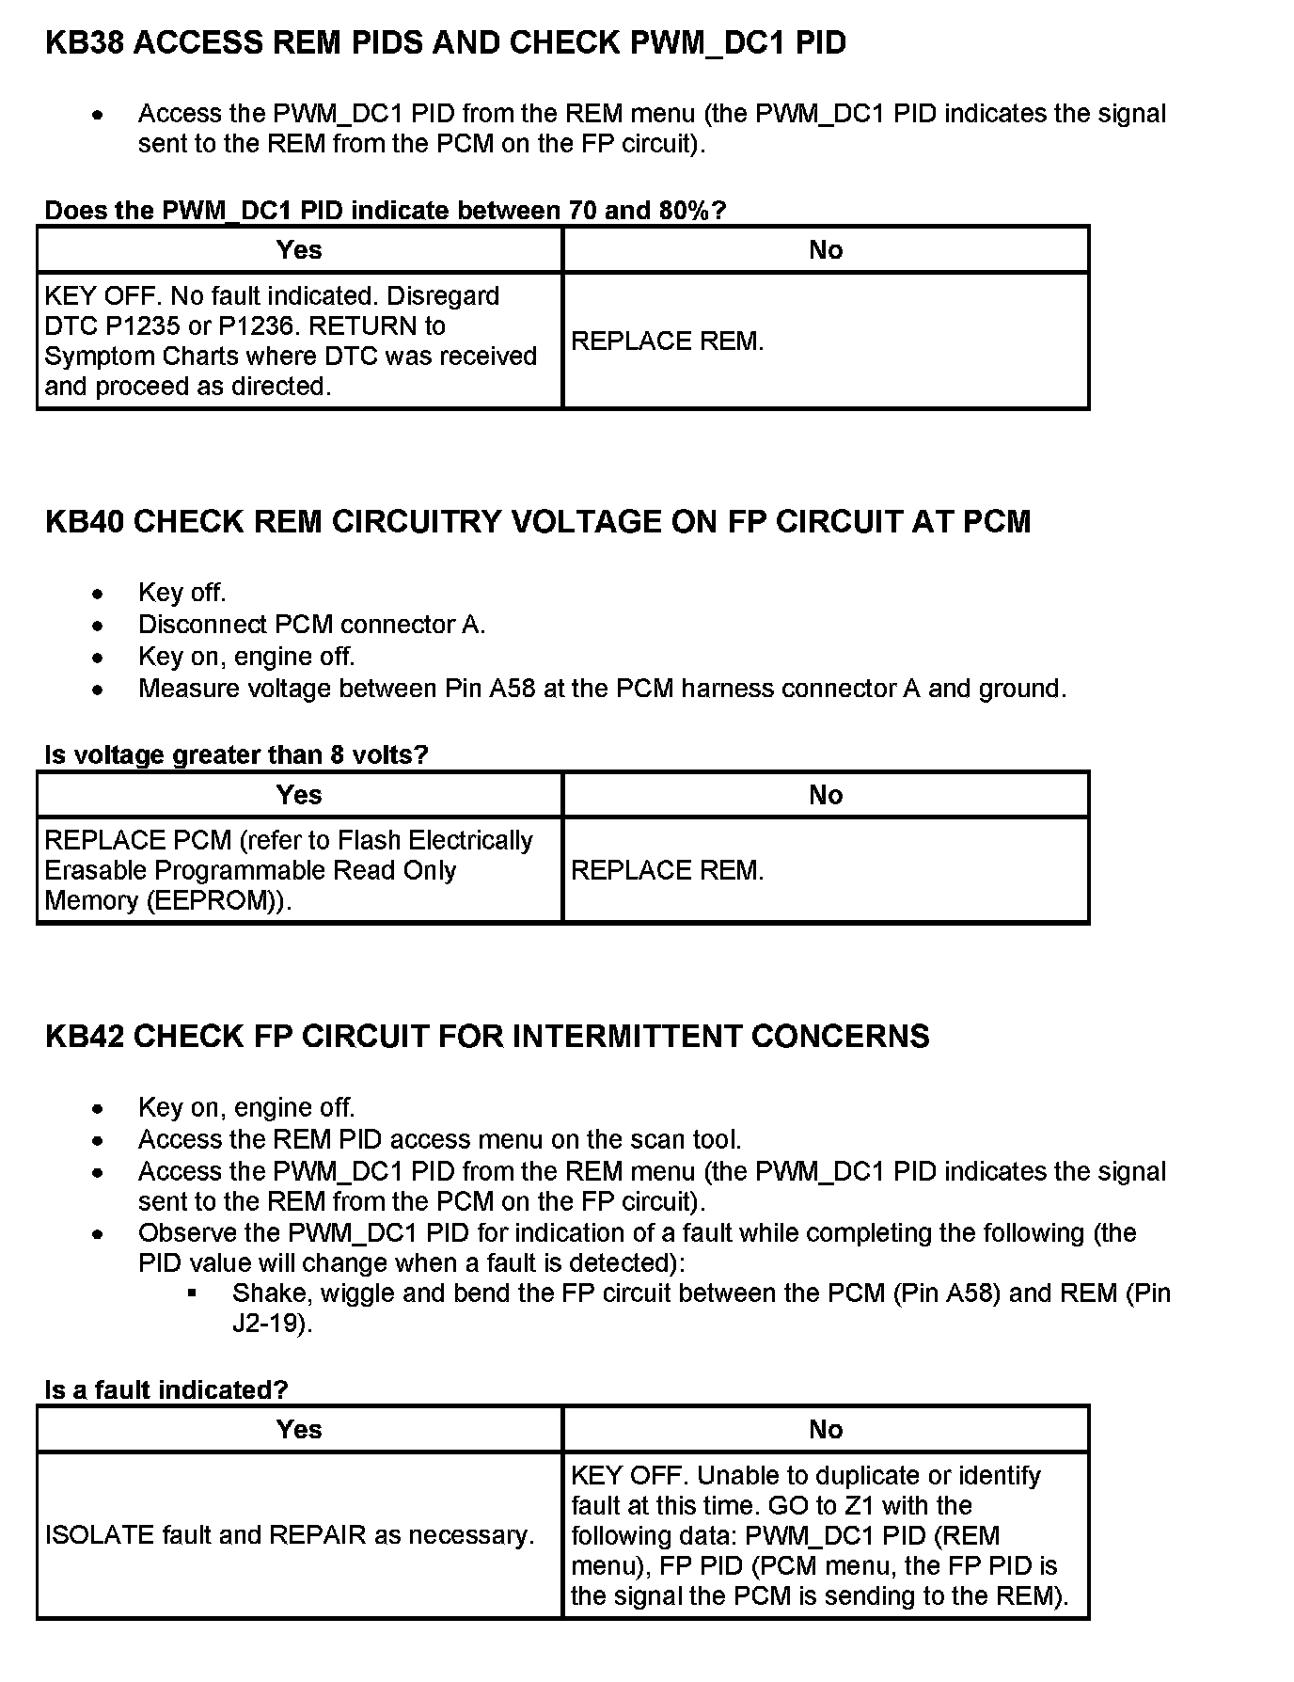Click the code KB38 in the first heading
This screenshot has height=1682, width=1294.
[x=85, y=43]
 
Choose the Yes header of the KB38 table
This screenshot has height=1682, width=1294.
[x=299, y=250]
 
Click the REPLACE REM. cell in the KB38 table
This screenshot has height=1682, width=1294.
[x=668, y=341]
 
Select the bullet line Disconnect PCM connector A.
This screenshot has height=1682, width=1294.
[x=311, y=625]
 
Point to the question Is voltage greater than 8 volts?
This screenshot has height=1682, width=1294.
[x=236, y=754]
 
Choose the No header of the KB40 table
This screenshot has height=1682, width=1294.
[x=826, y=796]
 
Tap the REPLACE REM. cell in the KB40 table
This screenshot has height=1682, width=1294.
[x=668, y=871]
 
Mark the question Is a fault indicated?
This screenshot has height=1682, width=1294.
[x=166, y=1389]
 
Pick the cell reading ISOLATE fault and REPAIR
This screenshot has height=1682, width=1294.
[x=290, y=1535]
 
